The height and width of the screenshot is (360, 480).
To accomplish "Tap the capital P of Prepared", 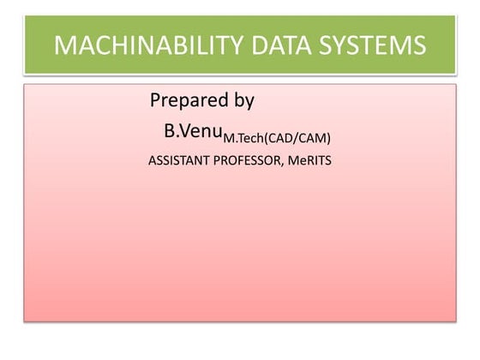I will click(x=156, y=100).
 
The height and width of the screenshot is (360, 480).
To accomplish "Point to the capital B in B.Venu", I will click(x=169, y=132).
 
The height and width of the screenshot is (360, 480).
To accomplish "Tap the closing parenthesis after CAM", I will click(x=328, y=138).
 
